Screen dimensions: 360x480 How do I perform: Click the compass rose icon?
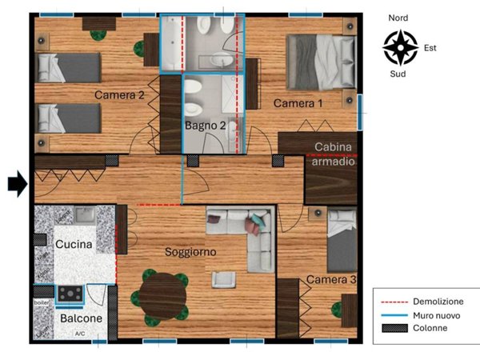tap(400, 47)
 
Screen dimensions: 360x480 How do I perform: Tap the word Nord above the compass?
tap(398, 18)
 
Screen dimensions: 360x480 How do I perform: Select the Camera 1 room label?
tap(298, 104)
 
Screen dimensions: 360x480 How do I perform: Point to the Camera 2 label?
tap(119, 95)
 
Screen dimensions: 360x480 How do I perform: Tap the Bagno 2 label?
tap(206, 126)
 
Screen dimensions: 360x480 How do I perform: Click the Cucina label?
tap(74, 244)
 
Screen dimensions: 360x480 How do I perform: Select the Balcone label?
tap(82, 318)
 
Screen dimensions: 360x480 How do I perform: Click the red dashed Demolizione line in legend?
tap(399, 302)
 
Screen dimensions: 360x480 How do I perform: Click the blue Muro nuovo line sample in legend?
tap(399, 315)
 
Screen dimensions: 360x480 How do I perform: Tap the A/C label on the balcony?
tap(79, 334)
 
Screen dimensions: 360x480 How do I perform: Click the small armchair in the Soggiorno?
tap(222, 278)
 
